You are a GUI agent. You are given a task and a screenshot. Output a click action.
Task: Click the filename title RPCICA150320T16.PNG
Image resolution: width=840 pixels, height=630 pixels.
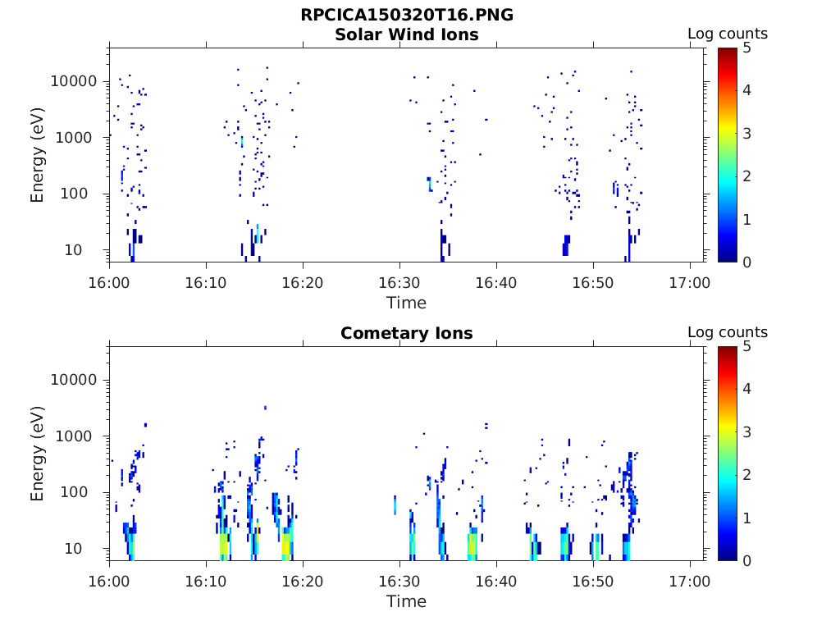click(x=406, y=15)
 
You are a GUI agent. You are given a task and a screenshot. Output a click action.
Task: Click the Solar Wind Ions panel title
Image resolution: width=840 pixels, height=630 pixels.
click(x=406, y=34)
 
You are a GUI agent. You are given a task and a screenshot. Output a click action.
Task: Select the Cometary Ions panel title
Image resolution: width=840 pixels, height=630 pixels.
click(x=406, y=333)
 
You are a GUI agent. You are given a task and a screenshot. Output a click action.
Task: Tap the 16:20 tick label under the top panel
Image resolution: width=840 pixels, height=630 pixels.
click(x=303, y=282)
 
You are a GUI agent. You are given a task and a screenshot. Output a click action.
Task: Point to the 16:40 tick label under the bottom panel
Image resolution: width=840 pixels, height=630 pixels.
click(x=496, y=581)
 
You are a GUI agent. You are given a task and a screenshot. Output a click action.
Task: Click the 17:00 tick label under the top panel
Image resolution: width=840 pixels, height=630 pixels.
click(x=690, y=282)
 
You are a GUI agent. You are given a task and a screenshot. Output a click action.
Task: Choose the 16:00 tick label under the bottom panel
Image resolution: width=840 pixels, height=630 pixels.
click(x=109, y=581)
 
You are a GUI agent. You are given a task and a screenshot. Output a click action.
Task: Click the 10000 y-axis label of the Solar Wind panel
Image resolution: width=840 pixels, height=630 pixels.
click(x=74, y=81)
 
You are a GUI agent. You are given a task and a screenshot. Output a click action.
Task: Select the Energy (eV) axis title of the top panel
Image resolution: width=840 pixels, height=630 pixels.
click(x=37, y=155)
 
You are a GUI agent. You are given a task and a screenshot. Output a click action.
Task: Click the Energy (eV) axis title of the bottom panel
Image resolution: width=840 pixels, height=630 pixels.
click(x=37, y=454)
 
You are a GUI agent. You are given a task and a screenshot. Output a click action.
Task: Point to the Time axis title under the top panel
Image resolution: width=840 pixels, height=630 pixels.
click(x=406, y=303)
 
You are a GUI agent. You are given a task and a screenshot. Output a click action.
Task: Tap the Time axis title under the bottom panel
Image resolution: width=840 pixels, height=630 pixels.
click(x=406, y=601)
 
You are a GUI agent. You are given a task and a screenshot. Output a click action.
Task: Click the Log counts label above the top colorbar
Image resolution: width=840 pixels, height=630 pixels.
click(x=727, y=34)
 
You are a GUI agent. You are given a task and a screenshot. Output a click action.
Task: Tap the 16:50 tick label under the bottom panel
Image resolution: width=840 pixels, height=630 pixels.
click(x=593, y=581)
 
